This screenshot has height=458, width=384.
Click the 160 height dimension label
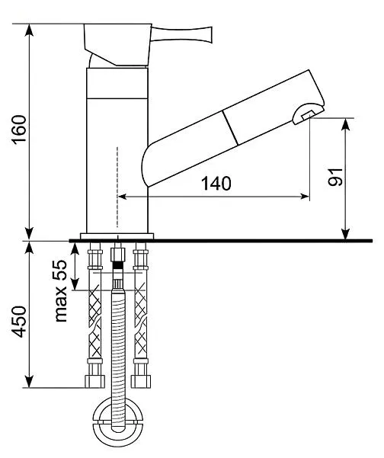19,130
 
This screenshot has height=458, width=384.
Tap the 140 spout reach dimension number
216,184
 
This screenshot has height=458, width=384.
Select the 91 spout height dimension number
335,177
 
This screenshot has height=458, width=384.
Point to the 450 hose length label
19,322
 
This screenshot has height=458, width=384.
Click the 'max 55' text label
61,291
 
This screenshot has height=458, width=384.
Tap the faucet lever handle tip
209,35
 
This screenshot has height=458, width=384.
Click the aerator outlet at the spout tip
309,114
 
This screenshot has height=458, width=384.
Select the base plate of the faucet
117,236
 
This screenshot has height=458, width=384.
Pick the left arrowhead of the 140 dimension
122,197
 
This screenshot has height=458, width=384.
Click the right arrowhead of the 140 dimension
305,197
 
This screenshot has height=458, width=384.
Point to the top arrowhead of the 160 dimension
29,30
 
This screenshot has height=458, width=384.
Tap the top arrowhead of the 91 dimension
346,124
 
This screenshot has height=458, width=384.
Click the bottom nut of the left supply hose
94,382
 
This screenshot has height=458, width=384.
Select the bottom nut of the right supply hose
141,382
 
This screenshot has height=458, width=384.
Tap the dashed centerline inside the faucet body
117,187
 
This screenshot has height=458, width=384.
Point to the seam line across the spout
230,127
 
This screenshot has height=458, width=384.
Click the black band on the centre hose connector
117,265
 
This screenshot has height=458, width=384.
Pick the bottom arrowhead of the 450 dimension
29,382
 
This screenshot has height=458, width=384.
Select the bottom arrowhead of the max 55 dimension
75,284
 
